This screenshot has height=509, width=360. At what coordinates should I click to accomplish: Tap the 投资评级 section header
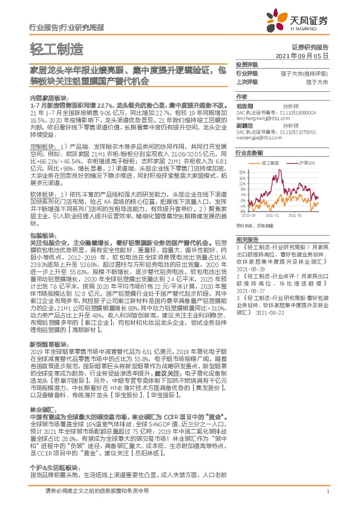[x=246, y=64]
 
